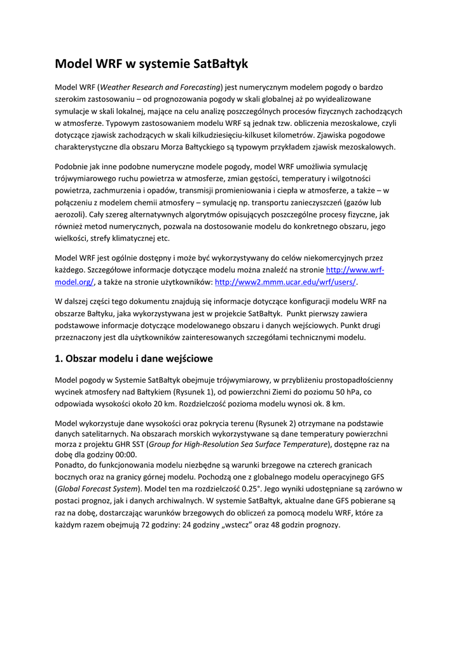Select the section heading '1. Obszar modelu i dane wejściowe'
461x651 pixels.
pos(134,359)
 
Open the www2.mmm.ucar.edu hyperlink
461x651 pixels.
pos(286,282)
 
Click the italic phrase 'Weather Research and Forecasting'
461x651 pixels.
pos(160,87)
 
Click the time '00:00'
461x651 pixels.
pos(125,455)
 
